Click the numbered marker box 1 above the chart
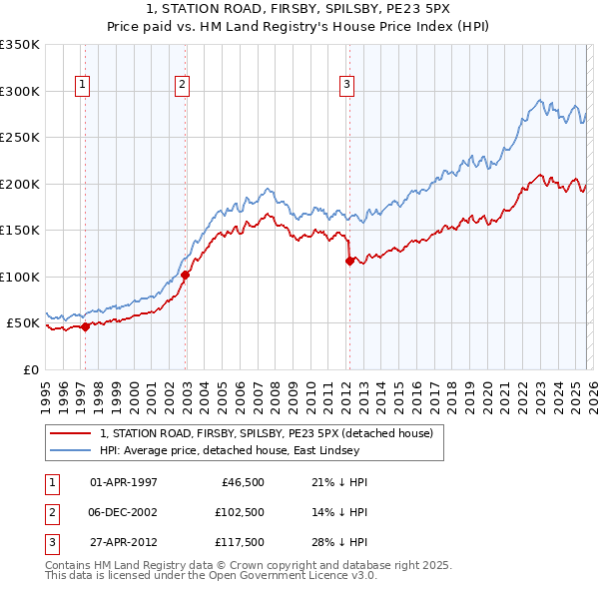[82, 86]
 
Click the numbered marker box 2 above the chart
[182, 86]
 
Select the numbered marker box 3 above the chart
[347, 86]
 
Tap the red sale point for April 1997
[85, 326]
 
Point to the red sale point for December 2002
[186, 275]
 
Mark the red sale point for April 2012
[349, 261]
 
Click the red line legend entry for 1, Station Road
[266, 434]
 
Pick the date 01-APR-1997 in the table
[124, 482]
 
